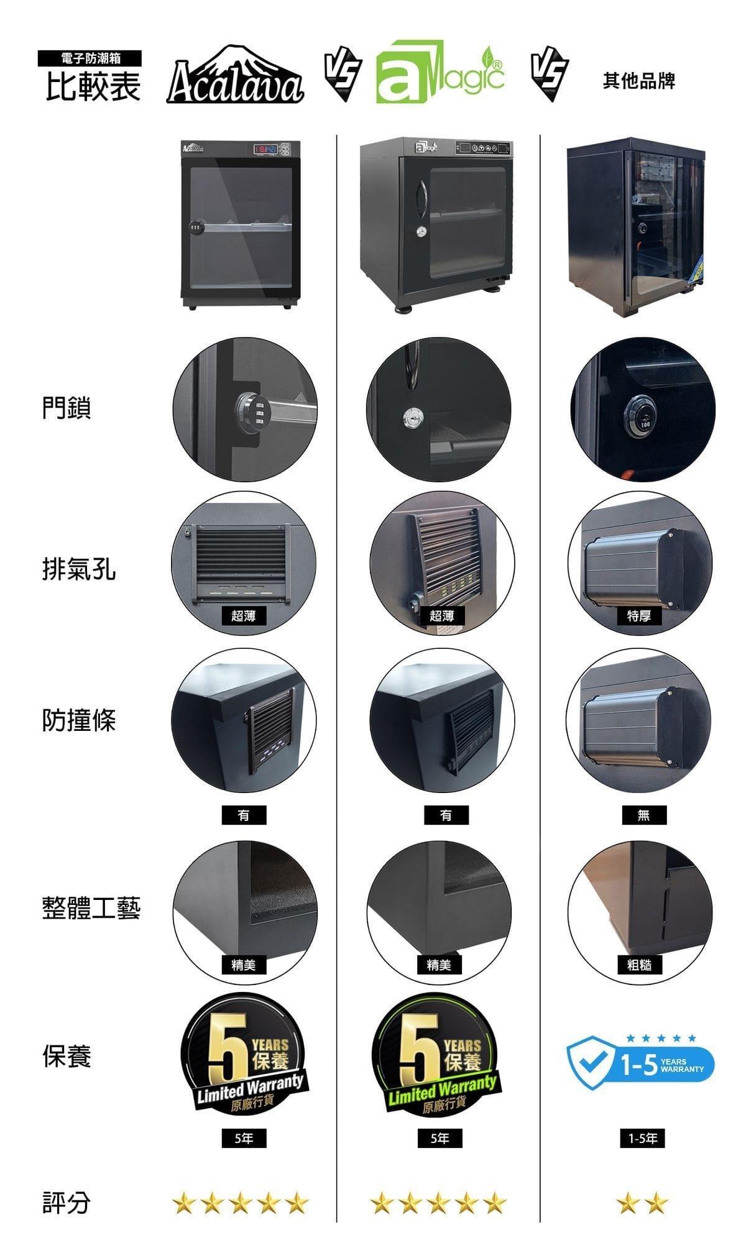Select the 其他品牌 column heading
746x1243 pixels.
(638, 81)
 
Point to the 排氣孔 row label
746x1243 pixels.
(79, 569)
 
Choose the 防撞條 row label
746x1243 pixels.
(79, 720)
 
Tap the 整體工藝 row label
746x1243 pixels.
(91, 908)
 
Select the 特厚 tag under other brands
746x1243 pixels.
(639, 615)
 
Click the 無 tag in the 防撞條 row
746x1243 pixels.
(643, 815)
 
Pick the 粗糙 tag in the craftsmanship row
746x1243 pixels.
(640, 965)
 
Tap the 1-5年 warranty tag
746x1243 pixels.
(643, 1139)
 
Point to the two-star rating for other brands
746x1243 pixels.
(643, 1204)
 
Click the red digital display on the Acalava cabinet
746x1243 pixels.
(266, 150)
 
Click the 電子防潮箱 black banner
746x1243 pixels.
(90, 58)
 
